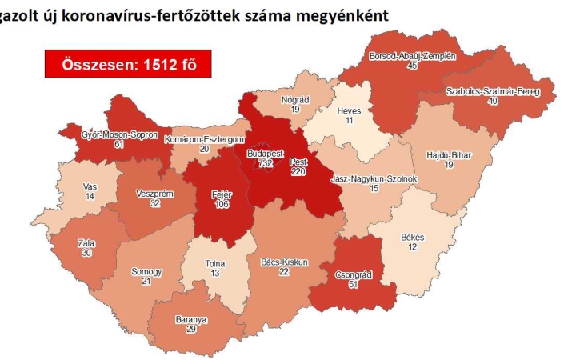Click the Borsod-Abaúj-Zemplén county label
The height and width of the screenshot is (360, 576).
[x=412, y=57]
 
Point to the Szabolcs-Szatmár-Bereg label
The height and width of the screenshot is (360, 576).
[x=493, y=92]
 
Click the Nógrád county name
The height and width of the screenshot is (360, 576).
[x=294, y=99]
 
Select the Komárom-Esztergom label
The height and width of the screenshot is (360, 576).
[x=204, y=139]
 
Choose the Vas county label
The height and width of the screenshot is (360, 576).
[x=90, y=186]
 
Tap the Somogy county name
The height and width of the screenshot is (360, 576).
[x=146, y=272]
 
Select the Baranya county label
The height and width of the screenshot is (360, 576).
[x=190, y=319]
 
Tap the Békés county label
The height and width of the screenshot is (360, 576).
[x=413, y=238]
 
